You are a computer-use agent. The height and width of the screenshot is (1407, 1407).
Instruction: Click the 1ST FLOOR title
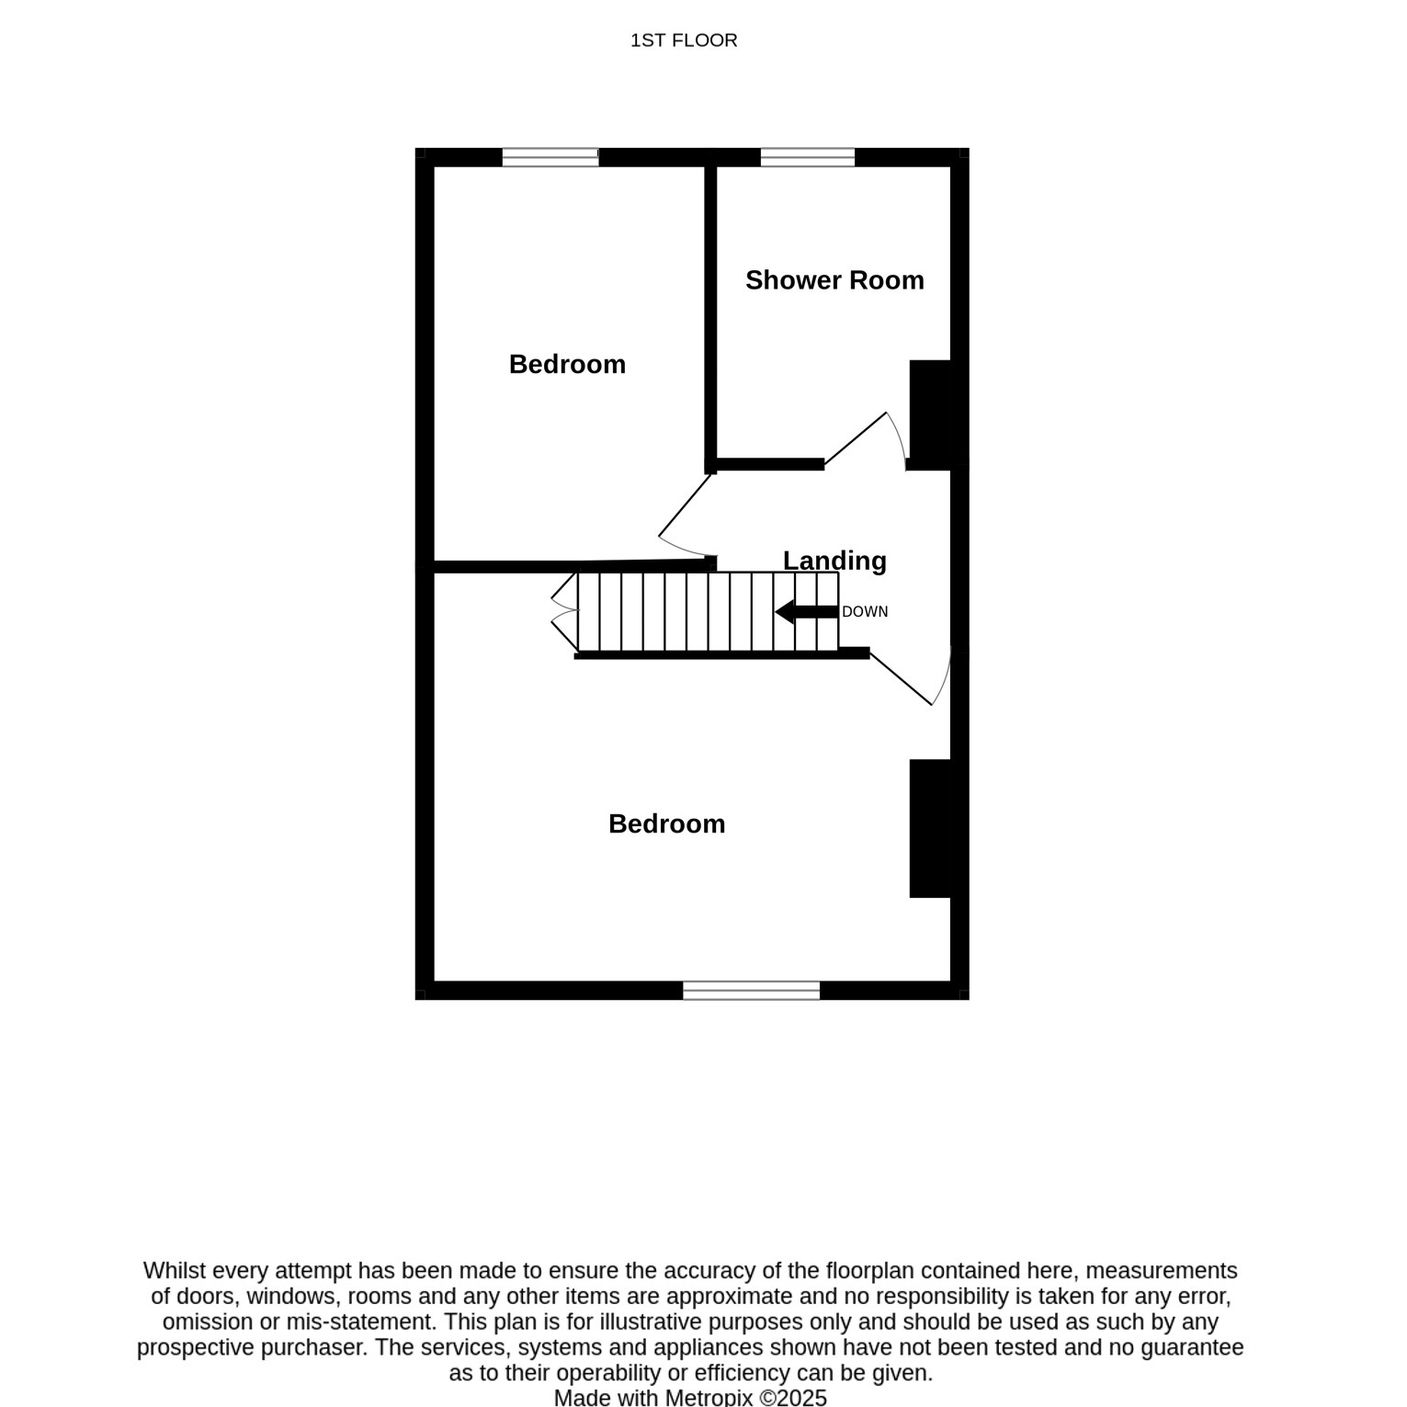pyautogui.click(x=684, y=40)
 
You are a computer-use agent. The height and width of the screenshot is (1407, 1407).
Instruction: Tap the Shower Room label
pyautogui.click(x=834, y=280)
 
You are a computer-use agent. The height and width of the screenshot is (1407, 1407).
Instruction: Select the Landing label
pyautogui.click(x=834, y=560)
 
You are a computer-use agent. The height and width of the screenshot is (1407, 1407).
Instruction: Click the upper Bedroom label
pyautogui.click(x=567, y=364)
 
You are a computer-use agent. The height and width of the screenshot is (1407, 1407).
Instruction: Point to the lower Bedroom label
pyautogui.click(x=666, y=823)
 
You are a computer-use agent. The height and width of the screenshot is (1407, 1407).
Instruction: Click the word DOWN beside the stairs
pyautogui.click(x=865, y=612)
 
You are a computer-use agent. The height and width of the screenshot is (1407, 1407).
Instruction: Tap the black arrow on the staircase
pyautogui.click(x=806, y=611)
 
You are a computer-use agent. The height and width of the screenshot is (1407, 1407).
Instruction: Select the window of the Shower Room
pyautogui.click(x=808, y=157)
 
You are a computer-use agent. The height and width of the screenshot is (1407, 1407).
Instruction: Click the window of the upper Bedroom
pyautogui.click(x=550, y=157)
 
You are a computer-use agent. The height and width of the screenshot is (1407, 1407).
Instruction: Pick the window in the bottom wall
pyautogui.click(x=751, y=990)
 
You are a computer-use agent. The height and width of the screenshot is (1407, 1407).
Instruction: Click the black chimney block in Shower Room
pyautogui.click(x=930, y=414)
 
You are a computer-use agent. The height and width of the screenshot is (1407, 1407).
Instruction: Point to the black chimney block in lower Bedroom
pyautogui.click(x=930, y=828)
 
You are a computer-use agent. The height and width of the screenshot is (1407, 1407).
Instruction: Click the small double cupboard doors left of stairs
pyautogui.click(x=565, y=611)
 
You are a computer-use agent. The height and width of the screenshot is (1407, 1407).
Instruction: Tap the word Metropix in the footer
pyautogui.click(x=709, y=1397)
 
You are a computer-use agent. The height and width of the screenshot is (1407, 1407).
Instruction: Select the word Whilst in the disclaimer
pyautogui.click(x=175, y=1271)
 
